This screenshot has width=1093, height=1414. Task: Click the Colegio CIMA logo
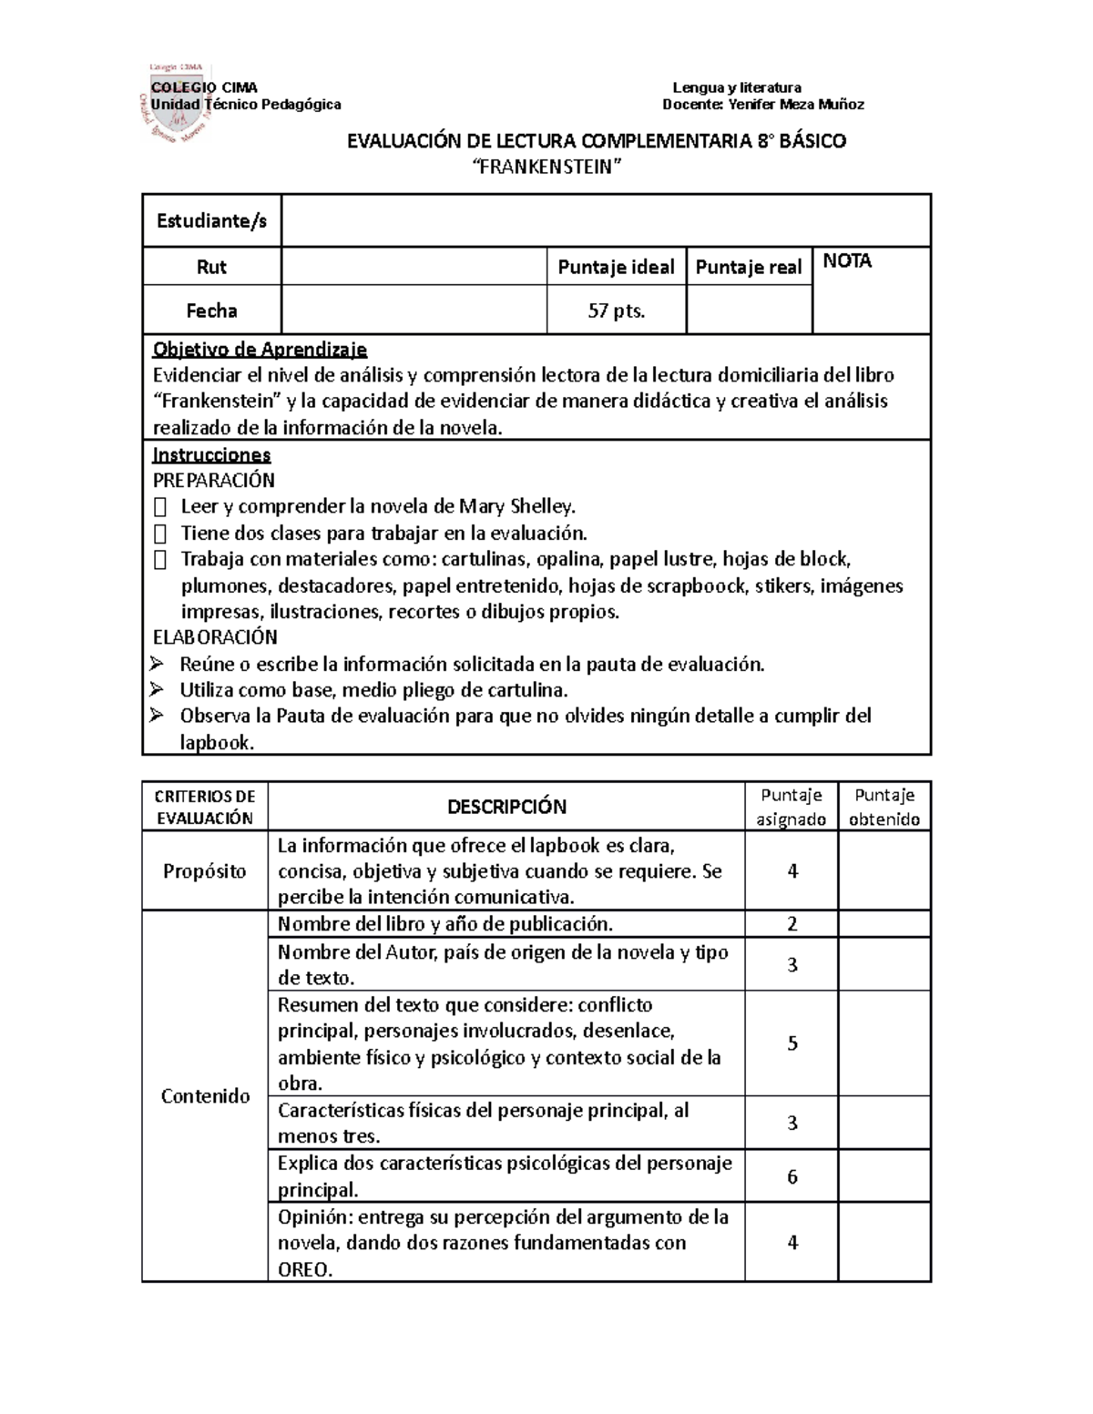(178, 103)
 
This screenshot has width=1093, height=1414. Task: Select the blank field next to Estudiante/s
(605, 220)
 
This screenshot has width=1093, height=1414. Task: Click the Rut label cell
(211, 267)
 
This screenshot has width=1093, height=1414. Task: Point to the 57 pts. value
(616, 310)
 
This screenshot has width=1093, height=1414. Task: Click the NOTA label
(847, 261)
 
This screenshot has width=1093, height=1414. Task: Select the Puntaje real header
(749, 267)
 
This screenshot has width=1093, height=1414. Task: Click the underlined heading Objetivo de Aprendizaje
(260, 349)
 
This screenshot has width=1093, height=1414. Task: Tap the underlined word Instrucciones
(211, 454)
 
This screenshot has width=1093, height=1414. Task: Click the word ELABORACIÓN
(215, 637)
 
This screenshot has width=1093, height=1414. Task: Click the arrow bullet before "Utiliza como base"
(157, 689)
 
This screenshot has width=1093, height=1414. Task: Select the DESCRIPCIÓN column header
(506, 807)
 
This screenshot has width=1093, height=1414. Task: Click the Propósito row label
(205, 871)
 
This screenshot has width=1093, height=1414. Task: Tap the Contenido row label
(205, 1096)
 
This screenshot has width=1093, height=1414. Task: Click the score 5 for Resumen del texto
(792, 1043)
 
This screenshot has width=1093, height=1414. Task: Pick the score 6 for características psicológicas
(792, 1176)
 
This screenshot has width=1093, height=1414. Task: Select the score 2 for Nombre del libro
(792, 924)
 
